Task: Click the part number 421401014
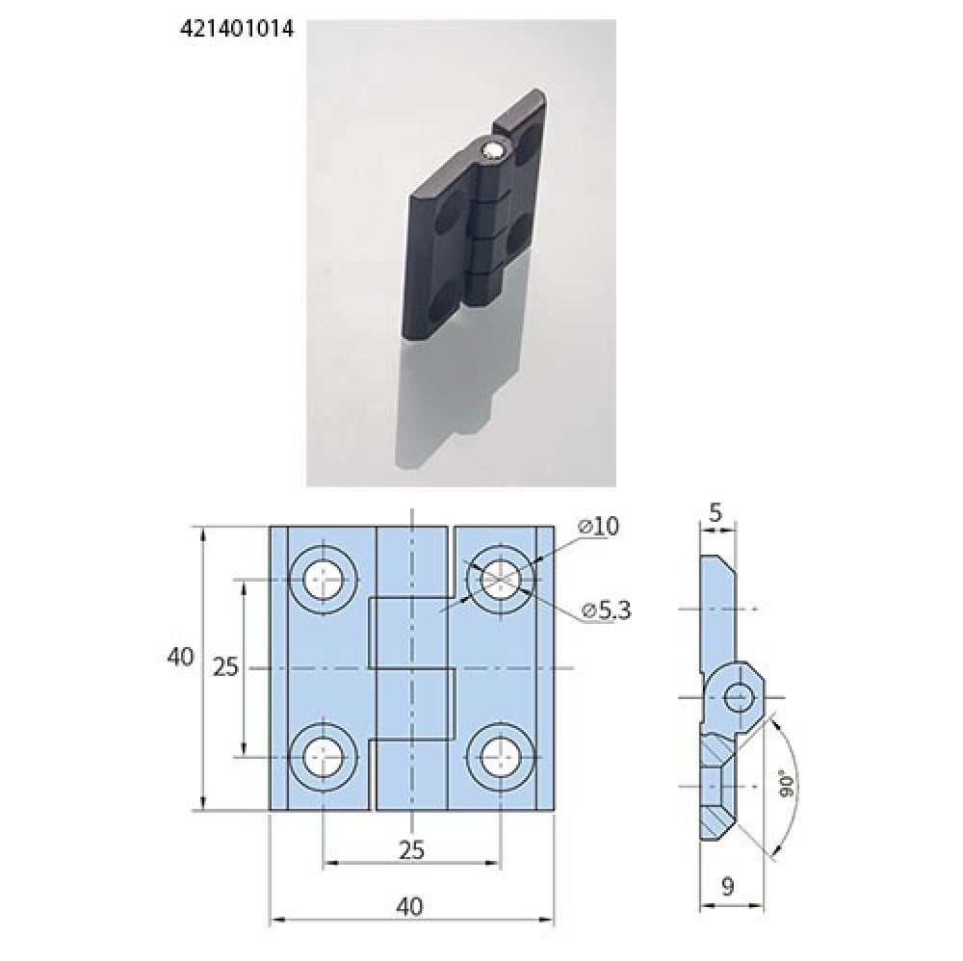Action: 237,29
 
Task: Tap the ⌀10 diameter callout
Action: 598,527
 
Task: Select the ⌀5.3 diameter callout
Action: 606,610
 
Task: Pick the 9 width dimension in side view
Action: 728,887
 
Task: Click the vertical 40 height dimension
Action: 181,657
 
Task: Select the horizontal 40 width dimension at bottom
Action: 409,906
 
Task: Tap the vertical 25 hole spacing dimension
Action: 225,667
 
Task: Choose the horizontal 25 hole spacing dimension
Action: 411,850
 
